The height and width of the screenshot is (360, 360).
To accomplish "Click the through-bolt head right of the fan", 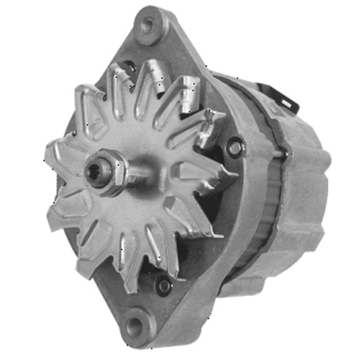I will (x=235, y=147).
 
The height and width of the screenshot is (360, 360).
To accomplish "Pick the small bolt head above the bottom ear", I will (x=165, y=286).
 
